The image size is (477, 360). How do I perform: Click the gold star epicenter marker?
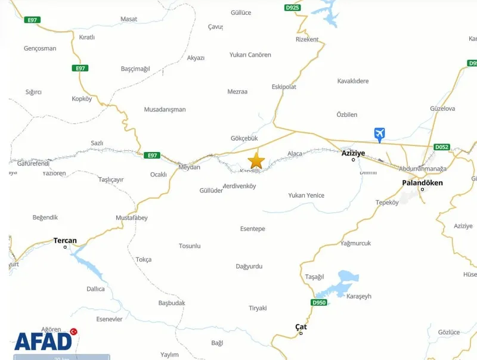[x=256, y=160]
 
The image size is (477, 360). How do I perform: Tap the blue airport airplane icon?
[x=379, y=134]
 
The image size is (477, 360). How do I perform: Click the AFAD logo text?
[x=43, y=341]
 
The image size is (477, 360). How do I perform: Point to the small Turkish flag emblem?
[x=74, y=331]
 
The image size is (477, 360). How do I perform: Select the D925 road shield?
[x=292, y=8]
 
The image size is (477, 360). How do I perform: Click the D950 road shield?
[x=320, y=303]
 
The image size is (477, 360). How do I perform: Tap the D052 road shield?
[x=442, y=147]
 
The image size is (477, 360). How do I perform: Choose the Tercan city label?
[x=65, y=241]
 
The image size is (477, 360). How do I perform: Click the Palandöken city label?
[x=422, y=183]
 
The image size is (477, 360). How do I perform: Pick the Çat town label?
[x=301, y=327]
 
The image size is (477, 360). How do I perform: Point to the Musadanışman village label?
[x=165, y=110]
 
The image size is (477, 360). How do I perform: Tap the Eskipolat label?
[x=284, y=86]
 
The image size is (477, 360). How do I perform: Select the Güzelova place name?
[x=442, y=108]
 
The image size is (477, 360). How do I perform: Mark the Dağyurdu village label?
[x=250, y=266]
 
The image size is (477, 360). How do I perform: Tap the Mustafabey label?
[x=131, y=218]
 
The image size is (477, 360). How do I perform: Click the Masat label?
[x=129, y=19]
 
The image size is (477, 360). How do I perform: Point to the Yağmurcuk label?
[x=355, y=243]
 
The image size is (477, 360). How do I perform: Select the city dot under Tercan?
[x=66, y=247]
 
